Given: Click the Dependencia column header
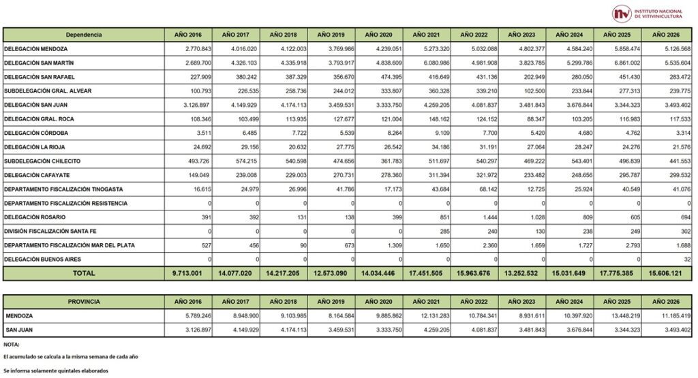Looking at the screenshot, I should pyautogui.click(x=84, y=34).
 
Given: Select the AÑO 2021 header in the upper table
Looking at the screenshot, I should pyautogui.click(x=426, y=34).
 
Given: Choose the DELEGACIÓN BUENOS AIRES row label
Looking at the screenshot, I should pyautogui.click(x=38, y=259).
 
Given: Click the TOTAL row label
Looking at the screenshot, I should pyautogui.click(x=84, y=273).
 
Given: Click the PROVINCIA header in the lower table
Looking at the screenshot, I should pyautogui.click(x=84, y=302).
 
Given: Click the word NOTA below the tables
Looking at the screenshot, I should pyautogui.click(x=11, y=345).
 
